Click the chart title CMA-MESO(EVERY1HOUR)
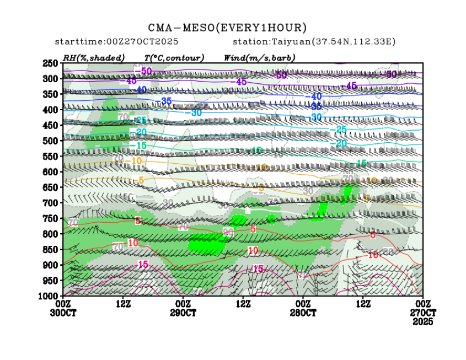(227, 28)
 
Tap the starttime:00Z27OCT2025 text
(116, 42)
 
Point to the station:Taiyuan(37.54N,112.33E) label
(314, 42)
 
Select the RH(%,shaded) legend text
(94, 57)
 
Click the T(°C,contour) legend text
(174, 57)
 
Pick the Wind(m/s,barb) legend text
(259, 57)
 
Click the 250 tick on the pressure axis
(51, 63)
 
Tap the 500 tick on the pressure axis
(51, 141)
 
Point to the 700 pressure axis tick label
(51, 203)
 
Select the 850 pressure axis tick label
(51, 250)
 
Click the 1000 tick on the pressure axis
(49, 296)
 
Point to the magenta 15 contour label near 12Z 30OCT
(143, 265)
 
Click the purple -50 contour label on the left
(144, 71)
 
